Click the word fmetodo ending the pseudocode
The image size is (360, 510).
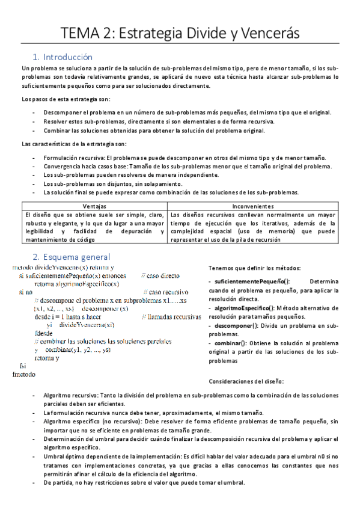tap(23, 373)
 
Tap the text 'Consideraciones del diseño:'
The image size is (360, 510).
tap(246, 381)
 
